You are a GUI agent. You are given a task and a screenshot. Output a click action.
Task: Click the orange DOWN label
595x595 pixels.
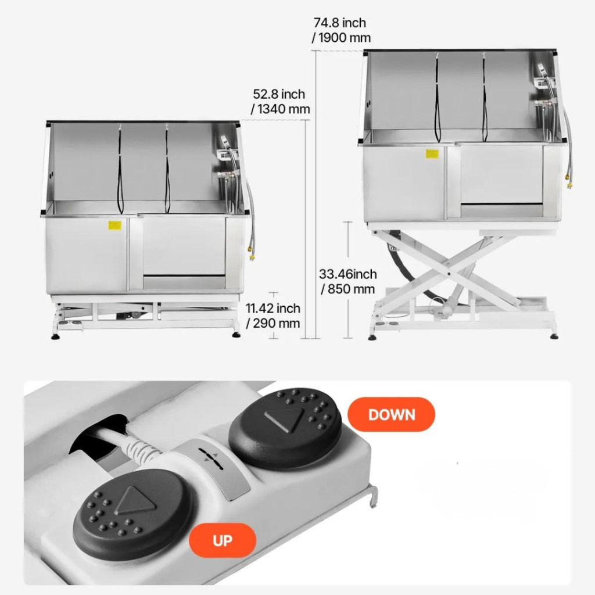391,414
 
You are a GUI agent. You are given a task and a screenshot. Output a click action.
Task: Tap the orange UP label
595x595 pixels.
223,540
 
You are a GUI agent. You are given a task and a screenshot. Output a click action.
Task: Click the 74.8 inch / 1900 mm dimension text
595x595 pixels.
341,30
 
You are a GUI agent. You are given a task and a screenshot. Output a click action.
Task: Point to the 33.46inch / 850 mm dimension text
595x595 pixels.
348,281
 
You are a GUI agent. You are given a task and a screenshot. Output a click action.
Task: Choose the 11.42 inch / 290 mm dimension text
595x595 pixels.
273,316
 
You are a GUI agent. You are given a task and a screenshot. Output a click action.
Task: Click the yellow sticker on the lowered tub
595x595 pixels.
114,225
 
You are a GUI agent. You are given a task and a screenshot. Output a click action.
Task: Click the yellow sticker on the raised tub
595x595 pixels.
432,153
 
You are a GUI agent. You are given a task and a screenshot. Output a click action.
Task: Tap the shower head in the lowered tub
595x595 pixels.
225,141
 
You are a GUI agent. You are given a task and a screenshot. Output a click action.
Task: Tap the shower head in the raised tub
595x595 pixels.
542,69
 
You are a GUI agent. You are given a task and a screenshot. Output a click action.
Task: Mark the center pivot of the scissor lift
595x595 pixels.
449,273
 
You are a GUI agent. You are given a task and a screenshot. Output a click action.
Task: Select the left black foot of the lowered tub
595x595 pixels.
55,336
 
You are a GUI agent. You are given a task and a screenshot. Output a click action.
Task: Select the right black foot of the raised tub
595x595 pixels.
554,336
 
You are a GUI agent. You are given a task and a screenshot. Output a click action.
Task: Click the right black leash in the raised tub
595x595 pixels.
484,98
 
